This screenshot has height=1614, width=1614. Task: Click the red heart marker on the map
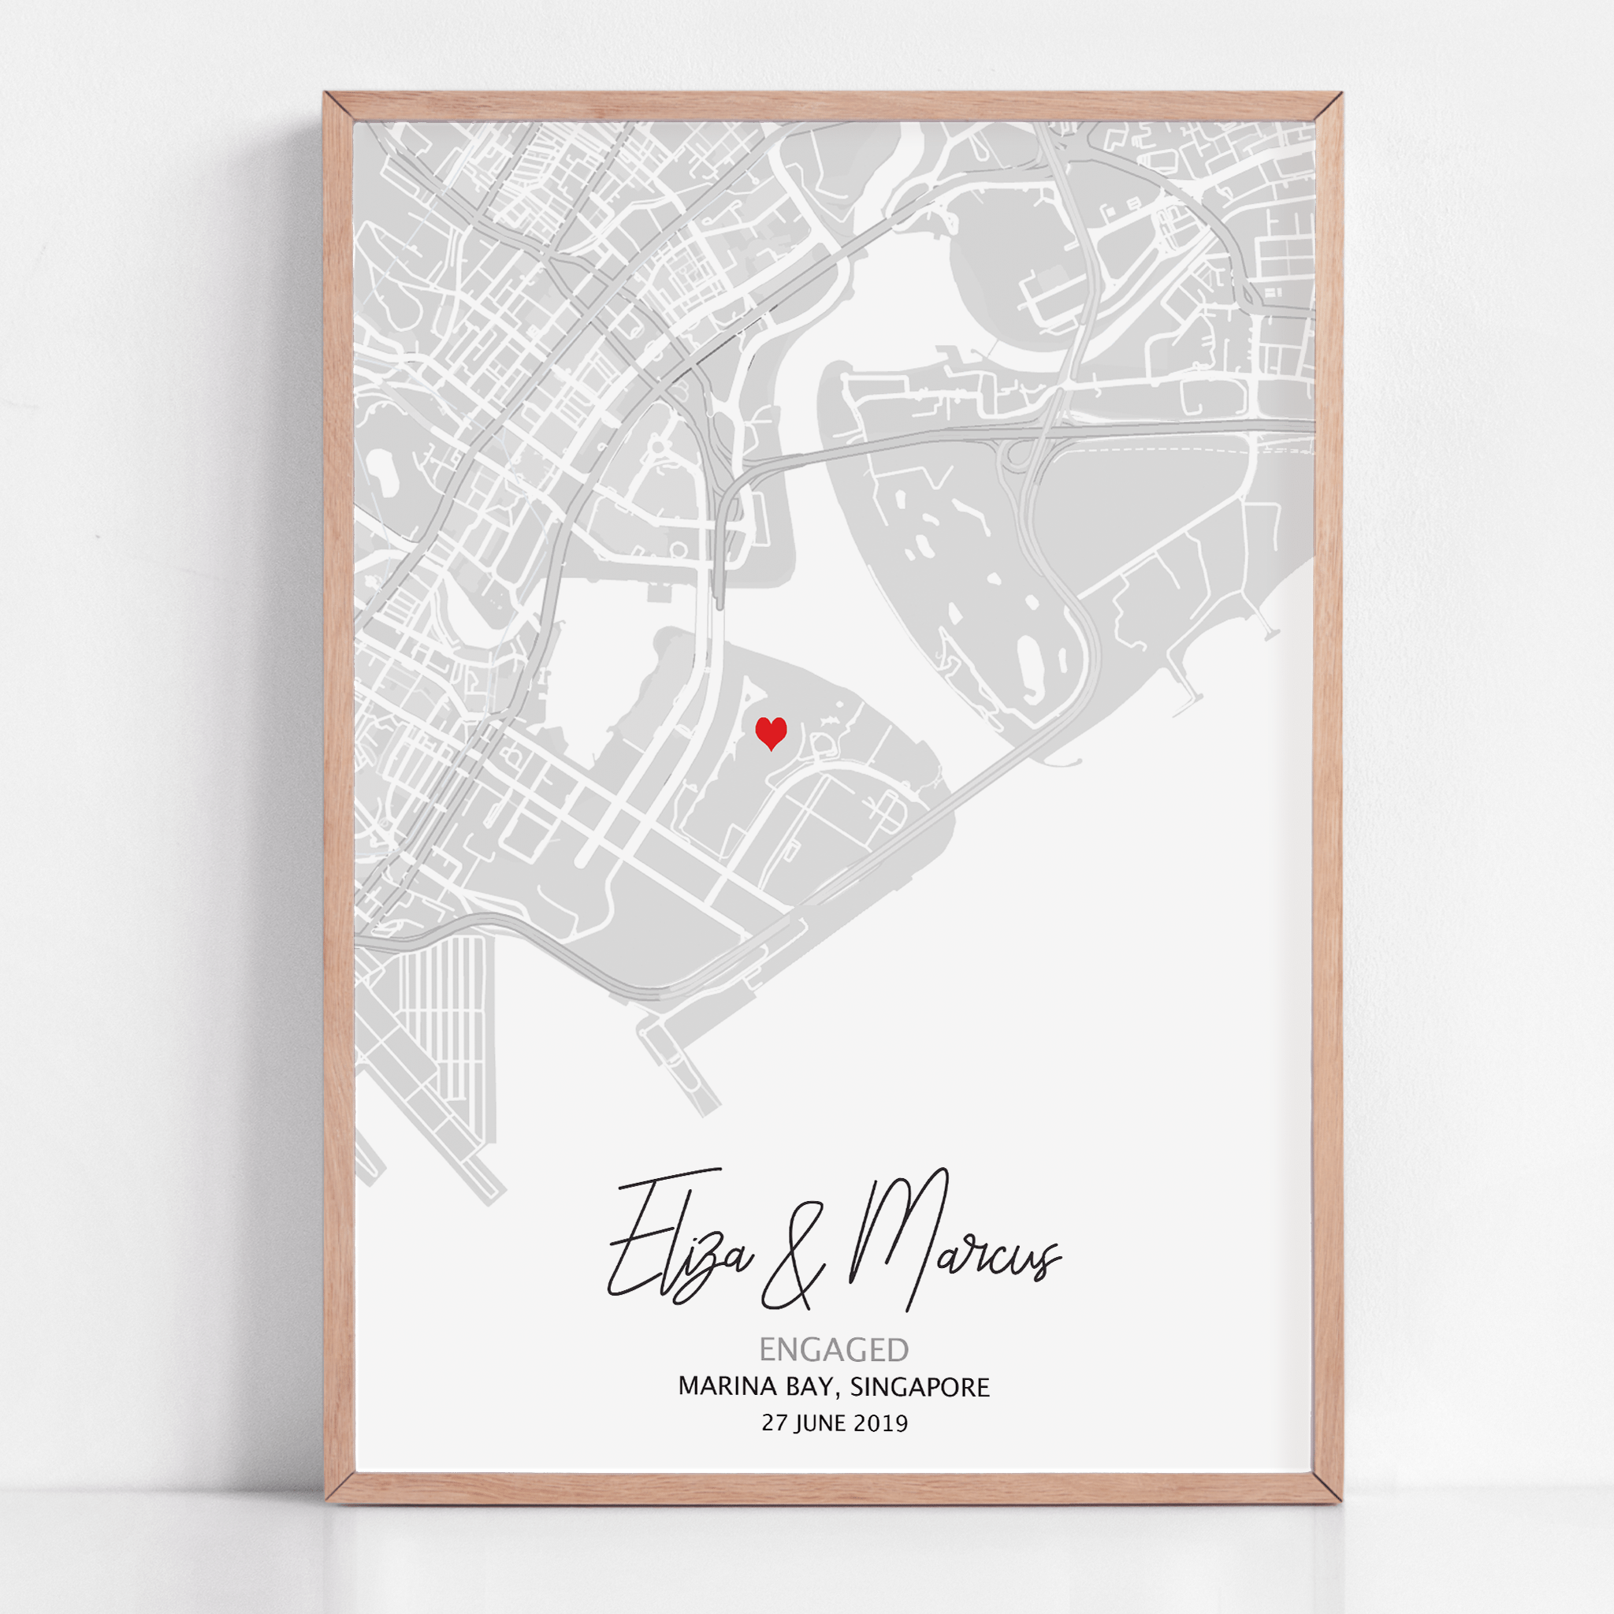(770, 733)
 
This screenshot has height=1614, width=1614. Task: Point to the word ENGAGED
(833, 1349)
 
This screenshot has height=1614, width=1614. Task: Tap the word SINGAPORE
(919, 1387)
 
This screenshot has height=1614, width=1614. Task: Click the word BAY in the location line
(808, 1387)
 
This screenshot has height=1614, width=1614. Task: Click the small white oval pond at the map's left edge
(381, 463)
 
